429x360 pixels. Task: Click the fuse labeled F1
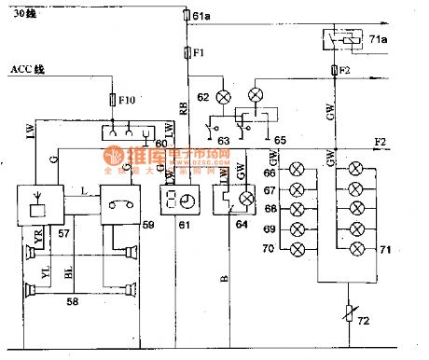pyautogui.click(x=185, y=52)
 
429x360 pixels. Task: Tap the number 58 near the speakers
pyautogui.click(x=69, y=303)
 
